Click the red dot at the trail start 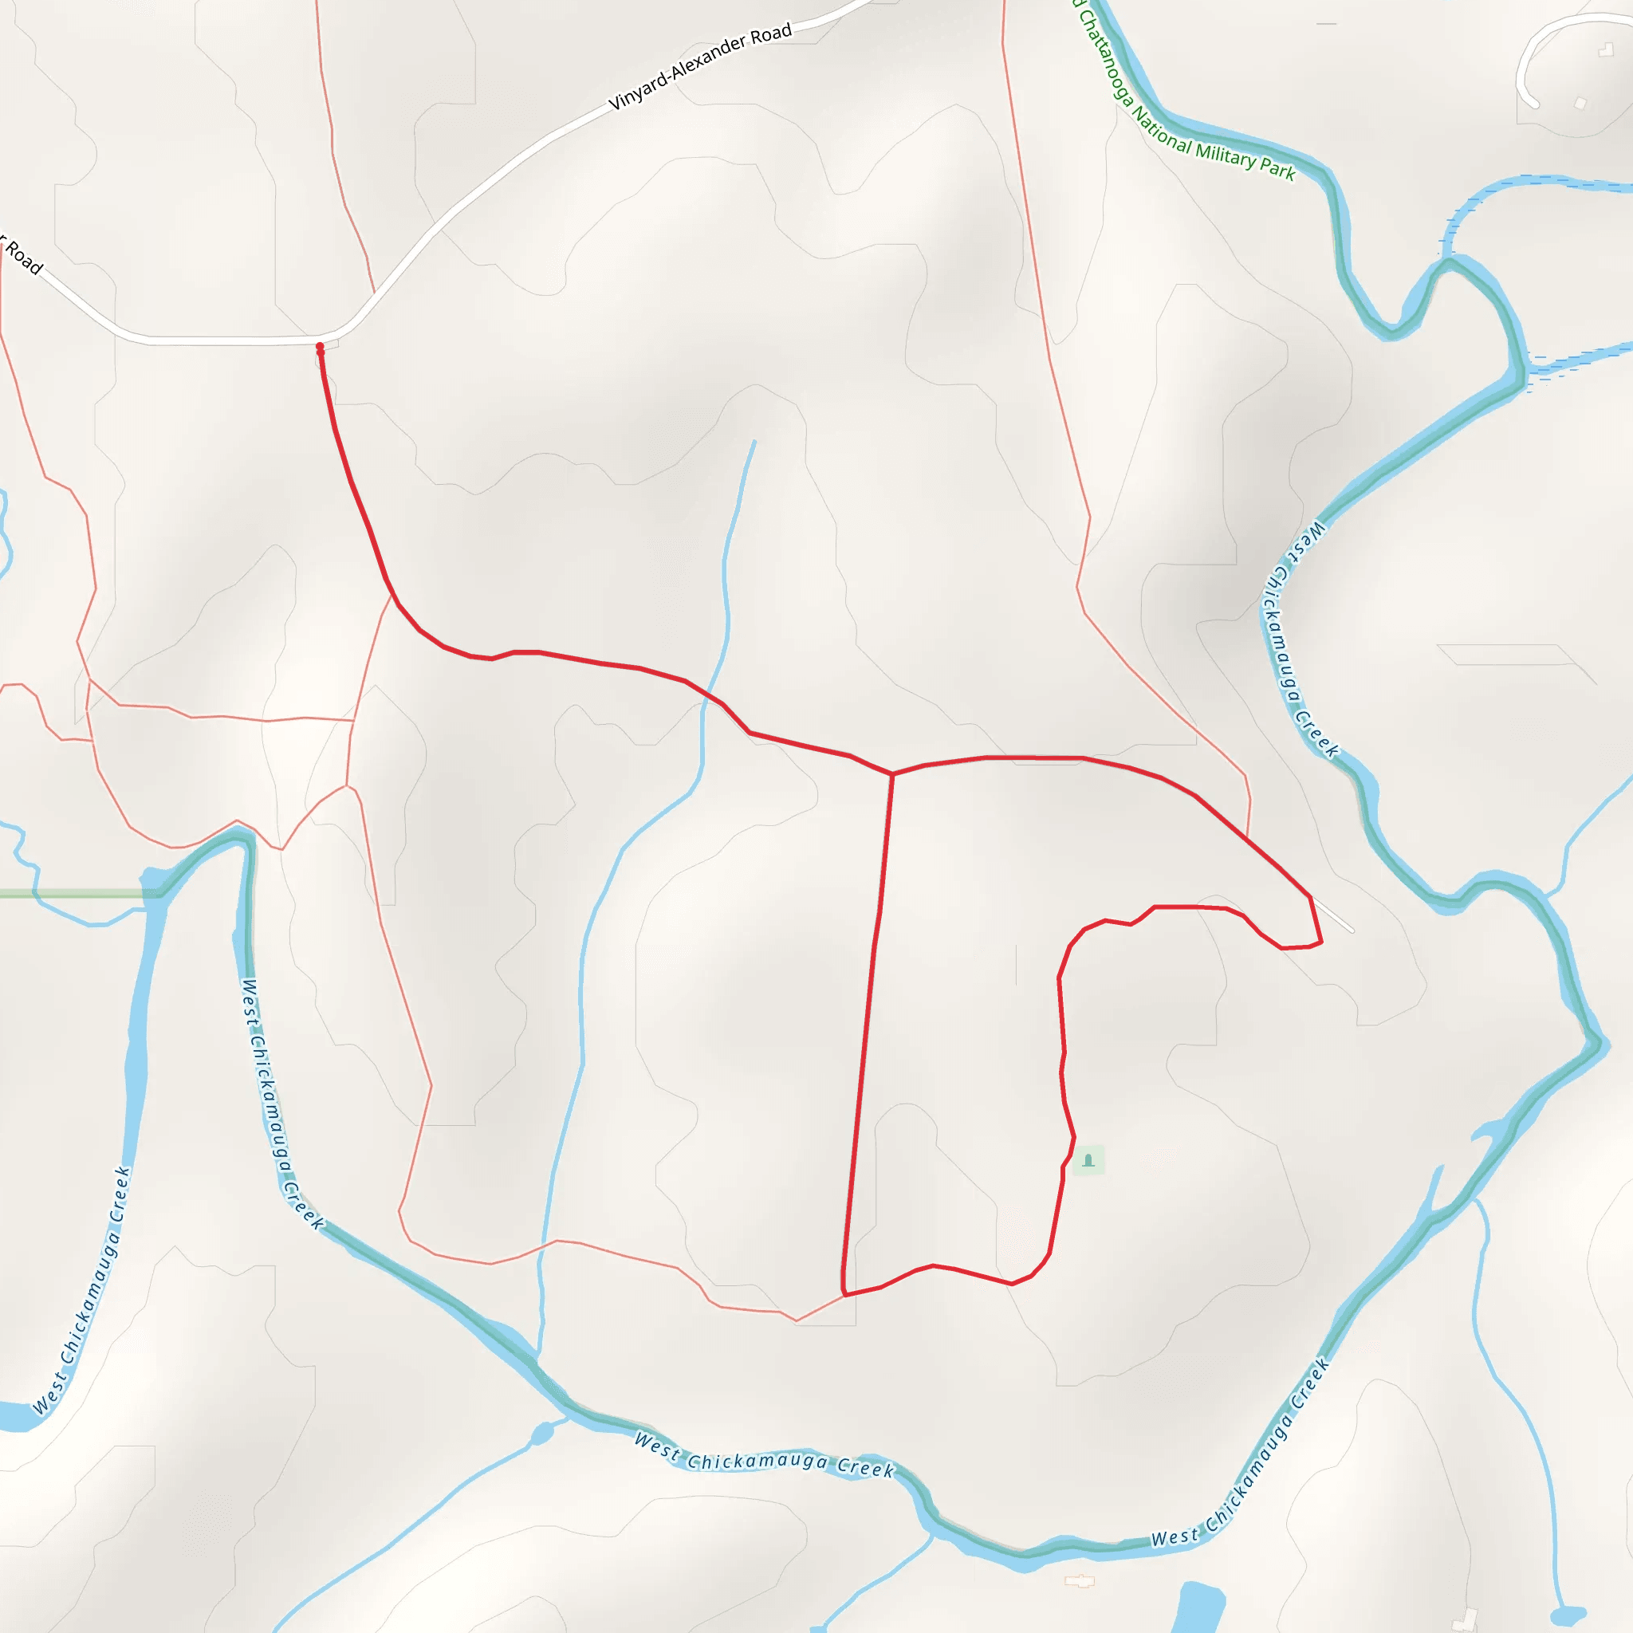(320, 347)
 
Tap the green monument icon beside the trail (1088, 1160)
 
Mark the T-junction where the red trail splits (891, 773)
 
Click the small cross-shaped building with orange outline (1080, 1580)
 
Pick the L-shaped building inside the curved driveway (1605, 51)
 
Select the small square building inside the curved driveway (1580, 103)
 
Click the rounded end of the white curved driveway (1533, 104)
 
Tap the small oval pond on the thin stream (541, 1434)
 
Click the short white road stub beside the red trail (1333, 915)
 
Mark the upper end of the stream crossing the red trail (754, 442)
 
